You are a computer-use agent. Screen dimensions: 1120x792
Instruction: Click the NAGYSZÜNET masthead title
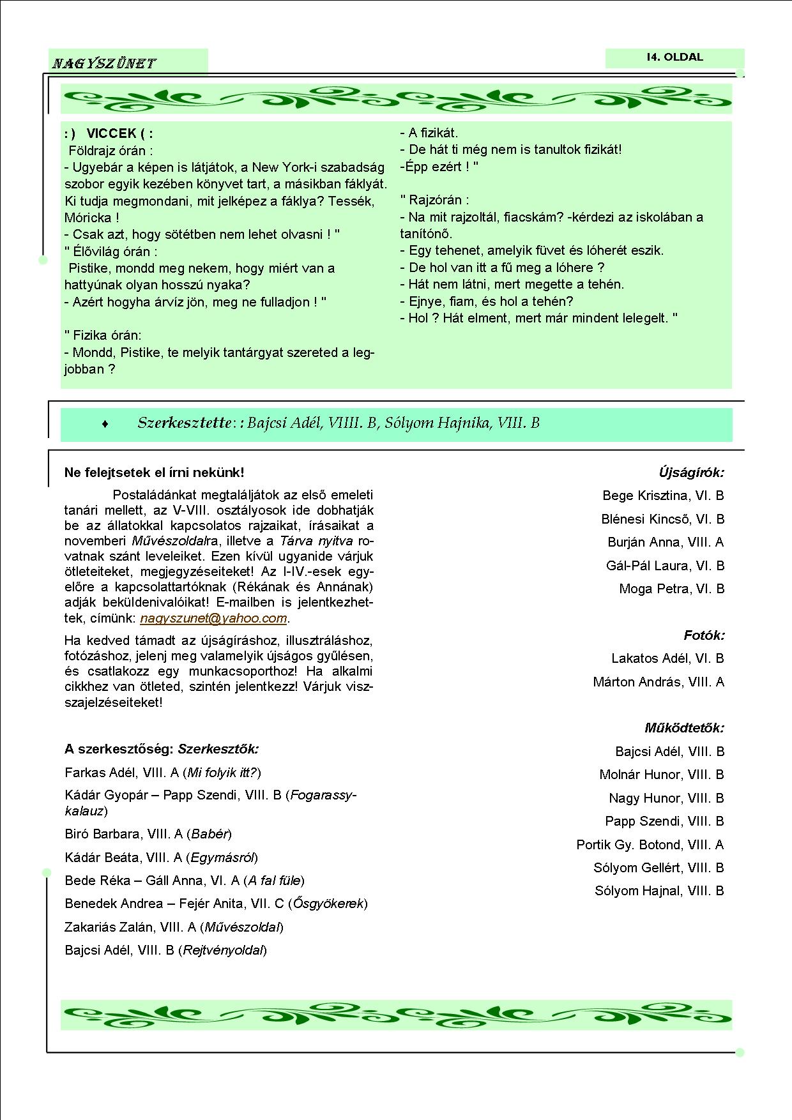coord(104,63)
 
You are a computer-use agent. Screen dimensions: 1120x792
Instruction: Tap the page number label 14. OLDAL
coord(674,57)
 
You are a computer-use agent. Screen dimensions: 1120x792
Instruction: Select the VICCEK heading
coord(112,133)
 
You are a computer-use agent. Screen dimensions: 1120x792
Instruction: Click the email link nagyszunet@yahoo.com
coord(213,618)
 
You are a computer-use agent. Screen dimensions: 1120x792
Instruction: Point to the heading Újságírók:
coord(692,473)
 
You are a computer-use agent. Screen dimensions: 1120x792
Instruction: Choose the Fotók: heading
coord(704,635)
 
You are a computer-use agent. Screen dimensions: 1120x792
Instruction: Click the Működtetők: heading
coord(684,728)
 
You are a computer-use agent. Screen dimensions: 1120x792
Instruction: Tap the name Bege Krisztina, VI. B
coord(663,496)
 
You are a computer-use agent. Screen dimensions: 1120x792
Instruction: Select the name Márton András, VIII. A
coord(659,682)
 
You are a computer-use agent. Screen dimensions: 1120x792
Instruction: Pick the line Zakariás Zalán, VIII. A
coord(130,927)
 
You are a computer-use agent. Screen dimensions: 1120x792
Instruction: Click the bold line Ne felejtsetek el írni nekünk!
coord(154,473)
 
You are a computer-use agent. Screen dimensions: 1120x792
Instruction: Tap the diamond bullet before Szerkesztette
coord(105,424)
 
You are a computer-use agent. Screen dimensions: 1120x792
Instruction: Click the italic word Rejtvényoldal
coord(223,950)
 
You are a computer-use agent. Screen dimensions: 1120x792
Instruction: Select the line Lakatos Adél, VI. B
coord(667,658)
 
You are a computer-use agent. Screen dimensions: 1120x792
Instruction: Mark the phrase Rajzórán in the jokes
coord(438,199)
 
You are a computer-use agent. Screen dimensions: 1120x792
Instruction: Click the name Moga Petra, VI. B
coord(672,589)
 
